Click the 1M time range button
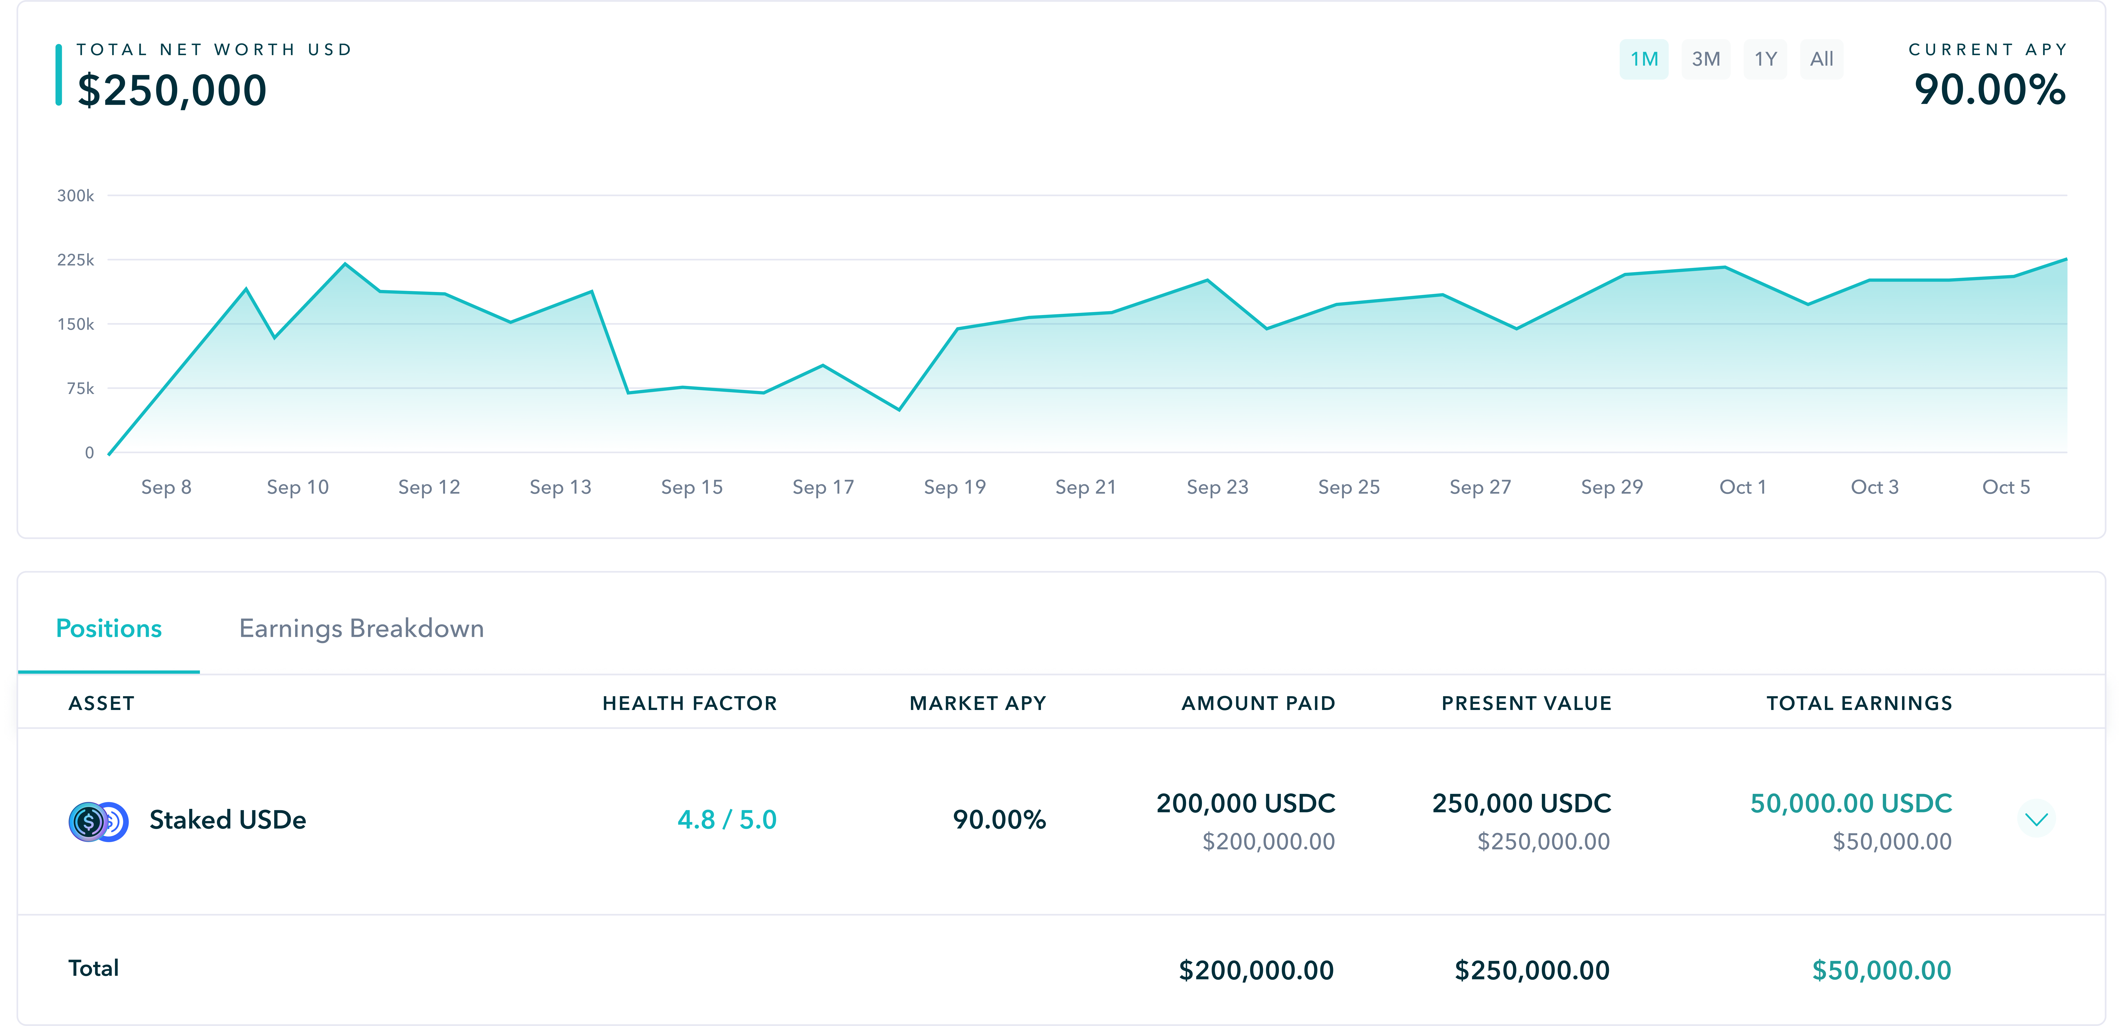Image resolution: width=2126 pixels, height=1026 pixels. pyautogui.click(x=1643, y=59)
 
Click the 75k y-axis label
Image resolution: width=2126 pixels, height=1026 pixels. pyautogui.click(x=80, y=388)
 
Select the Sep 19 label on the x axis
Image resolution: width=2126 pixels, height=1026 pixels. pyautogui.click(x=954, y=487)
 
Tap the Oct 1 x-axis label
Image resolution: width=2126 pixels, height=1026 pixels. pyautogui.click(x=1742, y=487)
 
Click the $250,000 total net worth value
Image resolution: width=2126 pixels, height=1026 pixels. pyautogui.click(x=172, y=90)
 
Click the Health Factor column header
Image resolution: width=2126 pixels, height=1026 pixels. pyautogui.click(x=689, y=703)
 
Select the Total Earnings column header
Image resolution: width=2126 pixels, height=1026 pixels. pyautogui.click(x=1859, y=703)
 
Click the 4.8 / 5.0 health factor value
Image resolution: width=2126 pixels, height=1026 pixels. pyautogui.click(x=726, y=820)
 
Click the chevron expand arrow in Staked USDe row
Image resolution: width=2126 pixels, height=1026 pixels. pyautogui.click(x=2036, y=819)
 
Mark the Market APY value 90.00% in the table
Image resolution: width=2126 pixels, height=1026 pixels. pyautogui.click(x=999, y=820)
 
